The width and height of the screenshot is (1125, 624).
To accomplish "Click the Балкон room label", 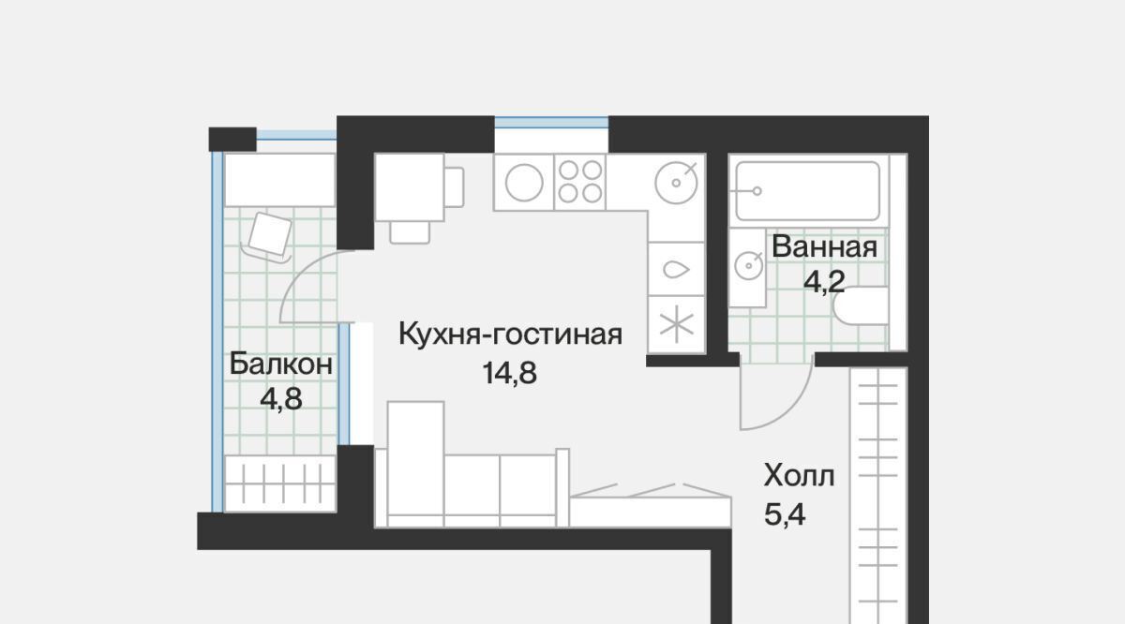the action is (280, 364).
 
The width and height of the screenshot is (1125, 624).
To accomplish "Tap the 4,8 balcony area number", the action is (280, 399).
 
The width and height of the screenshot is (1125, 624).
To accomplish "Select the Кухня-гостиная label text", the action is (510, 334).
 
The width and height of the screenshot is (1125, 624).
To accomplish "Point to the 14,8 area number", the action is (509, 373).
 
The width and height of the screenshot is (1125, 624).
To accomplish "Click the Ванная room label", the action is (824, 247).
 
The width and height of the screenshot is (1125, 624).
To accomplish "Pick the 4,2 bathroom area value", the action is (824, 281).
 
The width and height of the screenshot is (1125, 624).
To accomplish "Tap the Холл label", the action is (799, 475).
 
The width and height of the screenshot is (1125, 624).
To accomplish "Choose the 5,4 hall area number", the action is (785, 514).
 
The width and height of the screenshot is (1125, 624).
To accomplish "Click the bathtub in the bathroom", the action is (807, 191).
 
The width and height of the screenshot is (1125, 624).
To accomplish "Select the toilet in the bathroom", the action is (861, 305).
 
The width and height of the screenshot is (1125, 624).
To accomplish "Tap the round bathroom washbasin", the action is (748, 265).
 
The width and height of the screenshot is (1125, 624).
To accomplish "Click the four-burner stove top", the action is (580, 182).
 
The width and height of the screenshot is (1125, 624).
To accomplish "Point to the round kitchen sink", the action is (676, 183).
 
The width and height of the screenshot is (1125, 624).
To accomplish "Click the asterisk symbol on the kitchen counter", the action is (677, 324).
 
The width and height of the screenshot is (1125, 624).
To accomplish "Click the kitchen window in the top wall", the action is (551, 123).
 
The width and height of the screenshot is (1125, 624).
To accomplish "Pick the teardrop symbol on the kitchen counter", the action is (676, 270).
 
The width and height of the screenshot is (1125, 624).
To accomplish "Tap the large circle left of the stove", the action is (524, 183).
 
